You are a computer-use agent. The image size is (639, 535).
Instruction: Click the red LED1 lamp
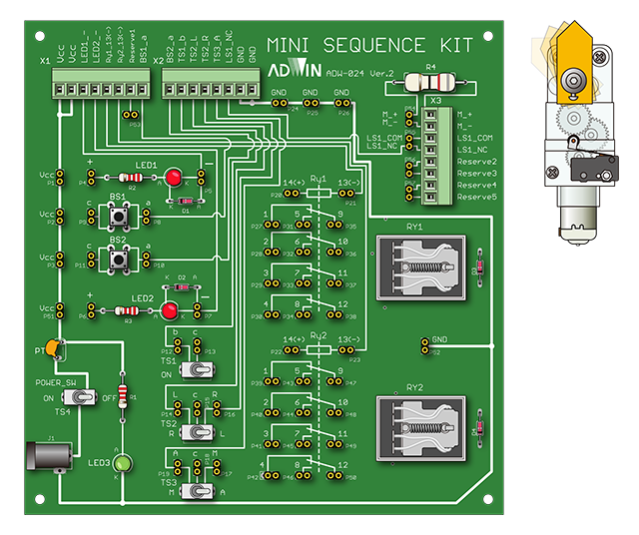(x=173, y=177)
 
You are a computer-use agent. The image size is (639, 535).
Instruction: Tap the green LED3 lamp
(x=123, y=463)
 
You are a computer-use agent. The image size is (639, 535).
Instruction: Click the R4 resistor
(x=430, y=83)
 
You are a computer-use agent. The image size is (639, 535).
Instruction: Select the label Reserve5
(x=477, y=198)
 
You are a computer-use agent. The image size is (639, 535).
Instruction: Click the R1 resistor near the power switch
(x=123, y=395)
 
